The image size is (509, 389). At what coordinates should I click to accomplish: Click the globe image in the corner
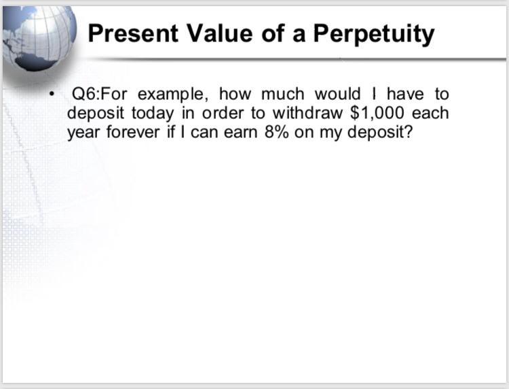coord(37,37)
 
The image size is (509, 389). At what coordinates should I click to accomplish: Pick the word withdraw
coord(309,112)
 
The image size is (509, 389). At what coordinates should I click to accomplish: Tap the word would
coord(337,94)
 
